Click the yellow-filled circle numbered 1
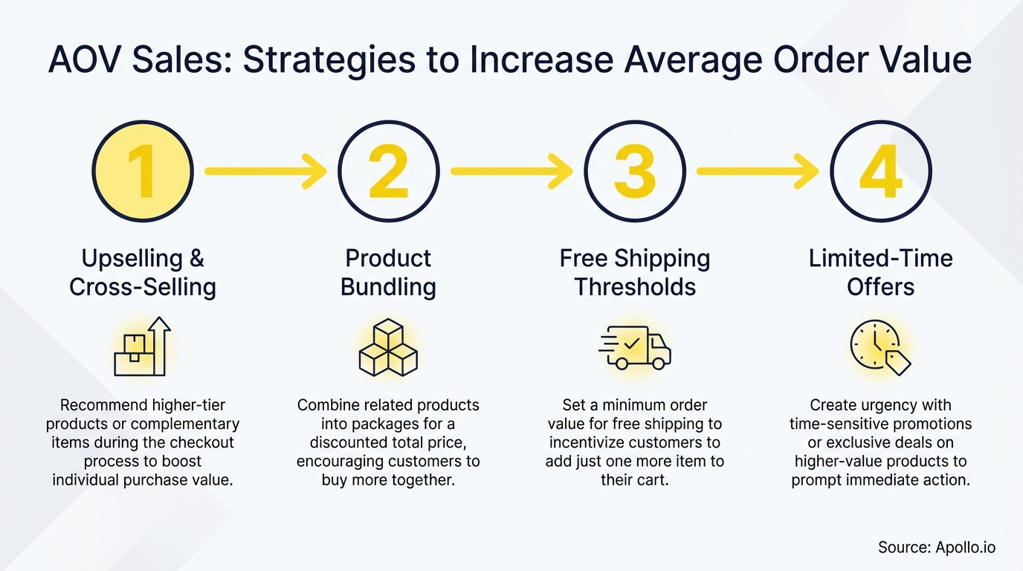coord(142,171)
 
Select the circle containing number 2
coord(388,171)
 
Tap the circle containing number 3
coord(634,171)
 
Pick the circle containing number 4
coord(880,171)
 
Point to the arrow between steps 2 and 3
coord(512,171)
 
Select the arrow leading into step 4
coord(758,171)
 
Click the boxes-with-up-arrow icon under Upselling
coord(142,347)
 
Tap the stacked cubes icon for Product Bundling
coord(388,347)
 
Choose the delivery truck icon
coord(634,348)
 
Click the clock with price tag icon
coord(880,347)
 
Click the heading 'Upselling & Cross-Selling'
coord(142,273)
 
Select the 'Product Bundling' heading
coord(388,273)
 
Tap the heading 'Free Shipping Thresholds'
coord(634,273)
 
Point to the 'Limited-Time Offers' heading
coord(880,273)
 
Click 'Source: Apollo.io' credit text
coord(937,548)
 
